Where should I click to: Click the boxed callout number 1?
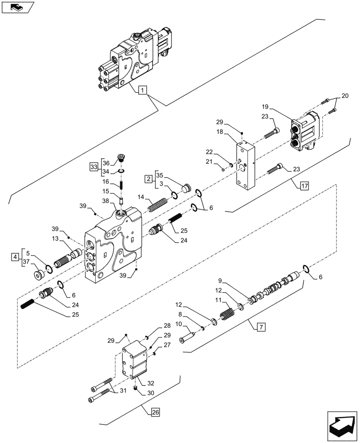click(x=141, y=91)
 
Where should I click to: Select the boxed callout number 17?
click(x=303, y=186)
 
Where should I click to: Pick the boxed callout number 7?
click(x=260, y=327)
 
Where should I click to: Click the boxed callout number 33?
click(x=93, y=167)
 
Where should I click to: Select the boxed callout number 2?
click(x=148, y=179)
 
